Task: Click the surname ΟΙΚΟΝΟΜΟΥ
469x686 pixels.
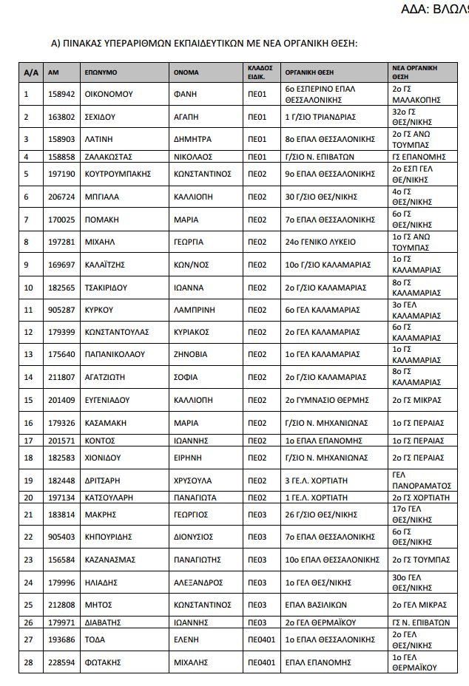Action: [111, 94]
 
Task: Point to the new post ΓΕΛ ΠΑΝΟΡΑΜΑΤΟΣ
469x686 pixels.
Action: [419, 480]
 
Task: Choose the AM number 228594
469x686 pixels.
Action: [58, 661]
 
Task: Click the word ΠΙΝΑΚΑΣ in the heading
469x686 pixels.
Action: [91, 44]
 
